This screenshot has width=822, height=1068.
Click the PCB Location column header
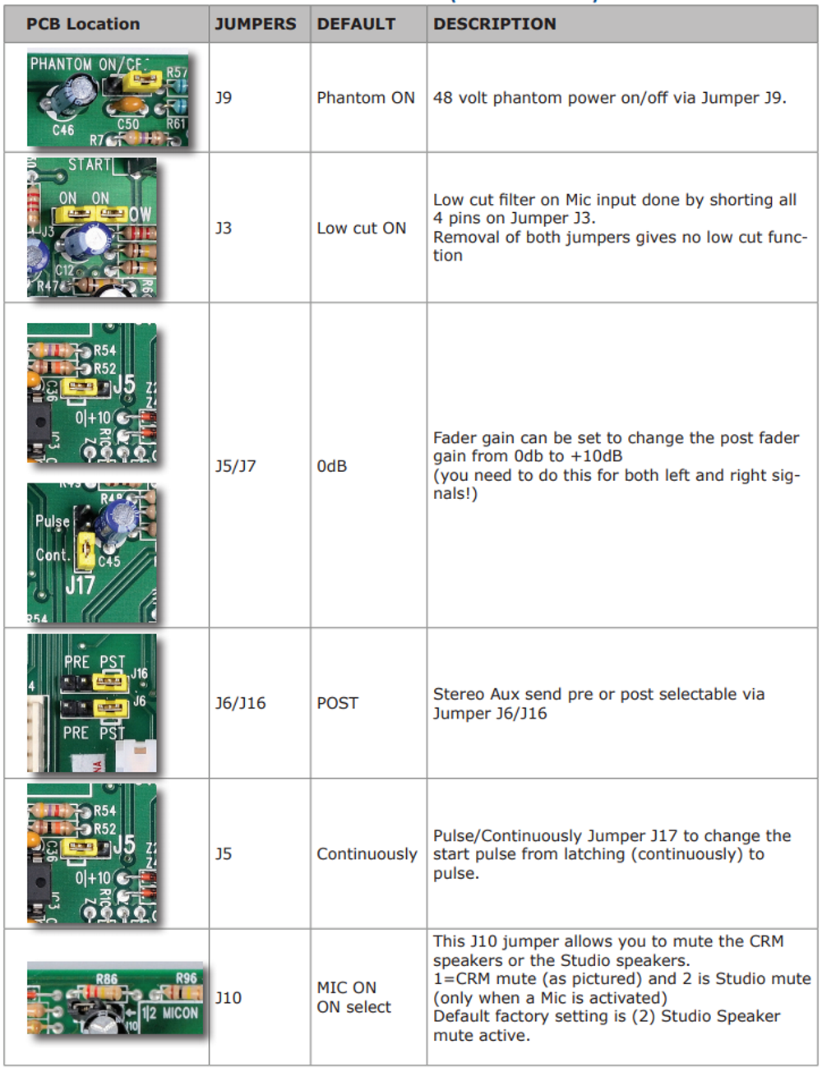pyautogui.click(x=83, y=24)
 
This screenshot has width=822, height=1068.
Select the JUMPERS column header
pyautogui.click(x=256, y=24)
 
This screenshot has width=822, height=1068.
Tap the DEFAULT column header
pyautogui.click(x=356, y=24)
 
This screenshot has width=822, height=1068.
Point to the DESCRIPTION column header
pyautogui.click(x=495, y=24)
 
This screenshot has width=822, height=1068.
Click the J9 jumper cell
pyautogui.click(x=224, y=98)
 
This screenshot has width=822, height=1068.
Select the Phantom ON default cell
pyautogui.click(x=366, y=98)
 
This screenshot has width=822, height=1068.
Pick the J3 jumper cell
pyautogui.click(x=224, y=228)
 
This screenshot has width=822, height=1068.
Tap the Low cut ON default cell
pyautogui.click(x=362, y=228)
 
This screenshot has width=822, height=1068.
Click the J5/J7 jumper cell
pyautogui.click(x=236, y=466)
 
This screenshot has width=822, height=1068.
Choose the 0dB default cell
pyautogui.click(x=332, y=466)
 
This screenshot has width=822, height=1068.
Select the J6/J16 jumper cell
pyautogui.click(x=240, y=703)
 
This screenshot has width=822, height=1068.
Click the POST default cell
pyautogui.click(x=338, y=703)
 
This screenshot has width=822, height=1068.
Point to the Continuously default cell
pyautogui.click(x=367, y=854)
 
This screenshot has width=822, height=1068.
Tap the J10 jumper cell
pyautogui.click(x=229, y=998)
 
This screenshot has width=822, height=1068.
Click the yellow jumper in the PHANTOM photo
pyautogui.click(x=141, y=81)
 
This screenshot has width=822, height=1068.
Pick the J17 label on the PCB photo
pyautogui.click(x=80, y=585)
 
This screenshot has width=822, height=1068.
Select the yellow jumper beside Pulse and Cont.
pyautogui.click(x=85, y=551)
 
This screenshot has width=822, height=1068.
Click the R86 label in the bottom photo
pyautogui.click(x=107, y=978)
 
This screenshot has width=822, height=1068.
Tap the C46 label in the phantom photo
pyautogui.click(x=63, y=130)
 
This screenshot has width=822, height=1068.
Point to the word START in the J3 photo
pyautogui.click(x=89, y=164)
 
